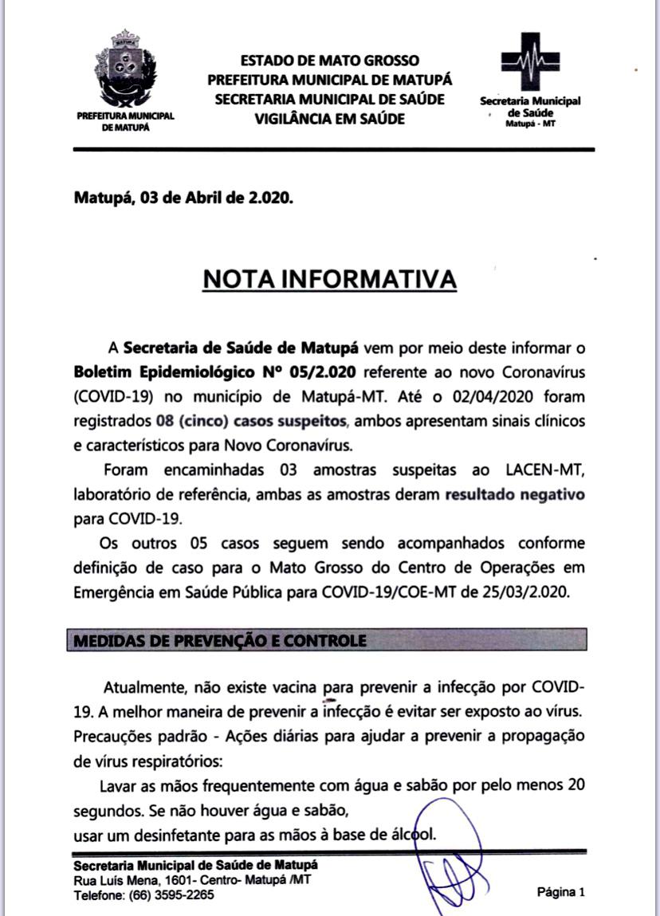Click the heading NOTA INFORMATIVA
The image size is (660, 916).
(330, 279)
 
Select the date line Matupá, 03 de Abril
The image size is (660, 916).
(183, 198)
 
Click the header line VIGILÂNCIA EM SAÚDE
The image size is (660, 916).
(329, 118)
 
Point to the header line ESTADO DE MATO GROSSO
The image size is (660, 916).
(329, 61)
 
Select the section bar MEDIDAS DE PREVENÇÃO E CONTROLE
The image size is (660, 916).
(327, 640)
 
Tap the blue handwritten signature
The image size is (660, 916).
(443, 857)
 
